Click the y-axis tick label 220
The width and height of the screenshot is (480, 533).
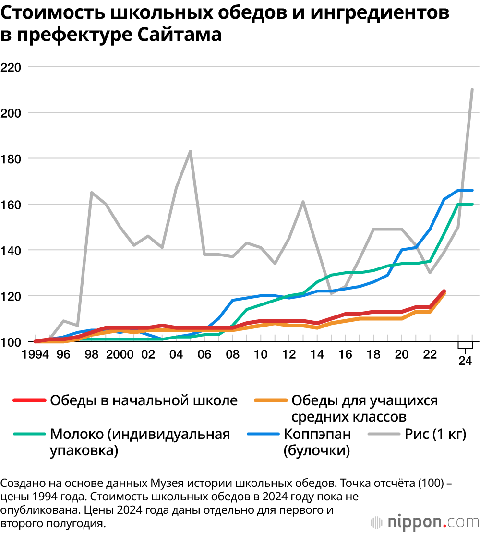tap(12, 67)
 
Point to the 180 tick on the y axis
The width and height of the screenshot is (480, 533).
tap(12, 158)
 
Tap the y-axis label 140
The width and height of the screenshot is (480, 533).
tap(12, 250)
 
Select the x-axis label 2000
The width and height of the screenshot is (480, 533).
tap(120, 355)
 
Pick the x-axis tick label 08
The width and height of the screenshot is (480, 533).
tap(233, 355)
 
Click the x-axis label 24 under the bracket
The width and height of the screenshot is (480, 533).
tap(465, 361)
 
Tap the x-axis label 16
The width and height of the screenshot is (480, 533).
tap(345, 355)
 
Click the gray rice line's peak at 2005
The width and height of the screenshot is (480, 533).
tap(191, 151)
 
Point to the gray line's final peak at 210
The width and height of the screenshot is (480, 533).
tap(472, 89)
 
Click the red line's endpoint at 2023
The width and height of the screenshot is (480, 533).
tap(444, 291)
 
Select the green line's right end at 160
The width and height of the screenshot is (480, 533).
tap(472, 204)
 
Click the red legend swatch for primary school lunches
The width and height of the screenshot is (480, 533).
tap(30, 400)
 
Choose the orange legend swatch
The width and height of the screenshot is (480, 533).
tap(271, 400)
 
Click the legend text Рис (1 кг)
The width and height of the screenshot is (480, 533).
tap(435, 435)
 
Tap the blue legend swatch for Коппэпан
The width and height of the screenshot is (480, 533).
tap(263, 435)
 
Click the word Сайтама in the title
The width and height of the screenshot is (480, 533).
tap(180, 35)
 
